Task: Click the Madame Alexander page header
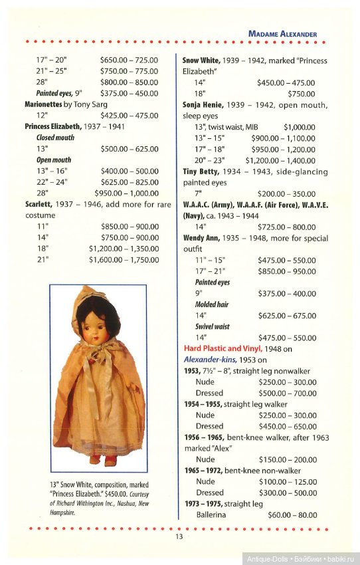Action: point(282,33)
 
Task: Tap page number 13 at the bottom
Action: point(179,536)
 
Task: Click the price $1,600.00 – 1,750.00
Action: point(124,259)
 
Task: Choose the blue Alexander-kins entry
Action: point(215,360)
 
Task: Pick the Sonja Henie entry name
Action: point(205,104)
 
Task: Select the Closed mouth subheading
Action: point(55,138)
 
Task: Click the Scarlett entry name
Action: point(40,204)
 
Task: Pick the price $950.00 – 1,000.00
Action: point(129,193)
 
